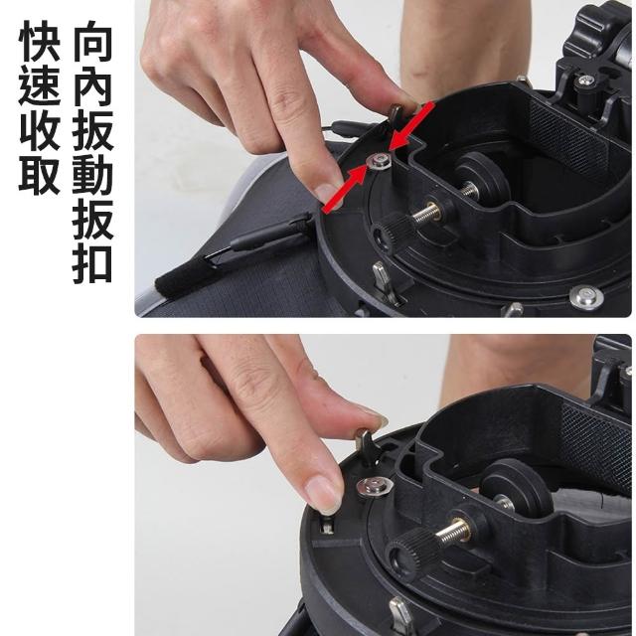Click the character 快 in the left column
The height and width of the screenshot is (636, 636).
[x=40, y=41]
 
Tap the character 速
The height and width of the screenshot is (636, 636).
[x=40, y=85]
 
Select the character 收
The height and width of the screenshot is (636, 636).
[x=40, y=130]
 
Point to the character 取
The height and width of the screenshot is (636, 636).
[x=40, y=175]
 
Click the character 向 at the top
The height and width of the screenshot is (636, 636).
[x=92, y=41]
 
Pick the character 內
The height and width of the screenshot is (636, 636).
[x=92, y=85]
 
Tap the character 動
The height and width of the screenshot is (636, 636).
[x=92, y=175]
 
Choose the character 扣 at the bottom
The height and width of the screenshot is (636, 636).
[x=92, y=263]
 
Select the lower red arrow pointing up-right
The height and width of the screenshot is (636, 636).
[x=345, y=189]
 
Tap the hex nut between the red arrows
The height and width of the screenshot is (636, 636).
[x=378, y=161]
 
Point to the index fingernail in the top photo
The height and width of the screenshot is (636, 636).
[x=327, y=193]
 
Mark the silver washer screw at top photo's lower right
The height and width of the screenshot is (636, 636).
[x=586, y=297]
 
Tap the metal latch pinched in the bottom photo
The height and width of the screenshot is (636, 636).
[x=365, y=446]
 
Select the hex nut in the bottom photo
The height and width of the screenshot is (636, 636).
[x=375, y=486]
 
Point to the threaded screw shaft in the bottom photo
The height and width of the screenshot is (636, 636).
[x=454, y=533]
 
